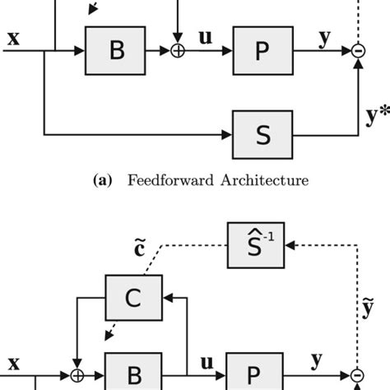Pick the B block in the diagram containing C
[x=133, y=374]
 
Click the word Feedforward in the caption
[x=169, y=178]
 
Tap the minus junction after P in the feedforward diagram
[x=357, y=50]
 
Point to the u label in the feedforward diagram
[x=206, y=36]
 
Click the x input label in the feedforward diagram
[x=15, y=36]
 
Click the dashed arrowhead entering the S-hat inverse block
[x=290, y=246]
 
